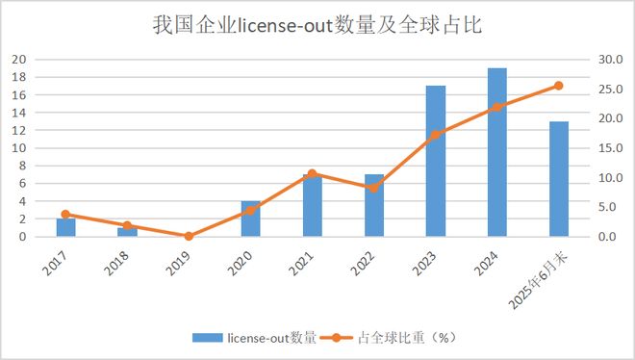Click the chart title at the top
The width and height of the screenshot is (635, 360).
317,25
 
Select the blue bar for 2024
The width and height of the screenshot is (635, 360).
496,152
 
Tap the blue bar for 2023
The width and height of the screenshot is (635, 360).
435,161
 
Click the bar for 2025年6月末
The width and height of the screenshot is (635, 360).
558,179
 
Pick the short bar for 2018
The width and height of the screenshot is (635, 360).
127,232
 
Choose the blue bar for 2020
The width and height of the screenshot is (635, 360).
250,219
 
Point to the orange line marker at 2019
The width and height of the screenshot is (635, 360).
189,236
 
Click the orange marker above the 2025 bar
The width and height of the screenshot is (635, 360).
558,86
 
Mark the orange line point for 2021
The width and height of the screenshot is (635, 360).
312,173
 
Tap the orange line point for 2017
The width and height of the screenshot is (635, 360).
65,215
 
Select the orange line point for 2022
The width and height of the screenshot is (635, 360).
373,187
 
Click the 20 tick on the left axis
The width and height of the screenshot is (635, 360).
17,59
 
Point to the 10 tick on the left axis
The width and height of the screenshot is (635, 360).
17,147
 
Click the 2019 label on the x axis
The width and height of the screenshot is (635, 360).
177,263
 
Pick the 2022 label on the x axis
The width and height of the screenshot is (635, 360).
362,263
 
